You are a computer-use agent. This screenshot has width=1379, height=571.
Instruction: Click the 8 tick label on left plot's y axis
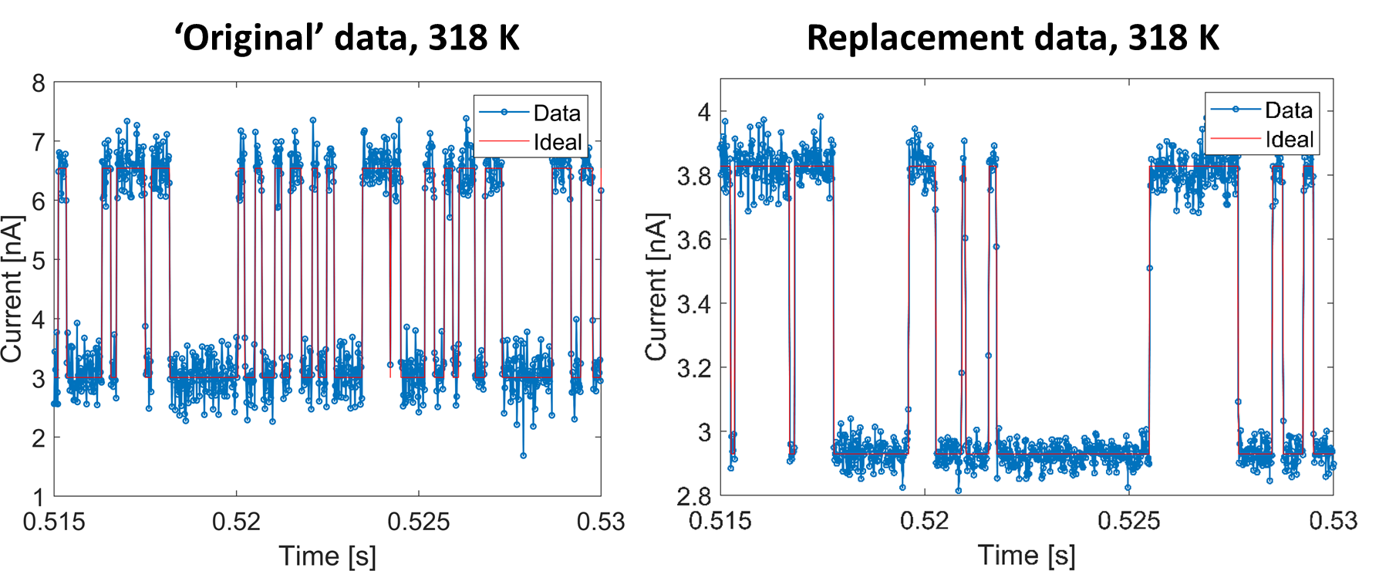point(38,83)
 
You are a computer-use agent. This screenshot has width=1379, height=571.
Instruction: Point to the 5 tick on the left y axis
point(38,261)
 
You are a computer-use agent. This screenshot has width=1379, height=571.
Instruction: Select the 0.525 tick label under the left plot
point(418,522)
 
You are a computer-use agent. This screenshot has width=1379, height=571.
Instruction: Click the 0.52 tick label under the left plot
point(236,522)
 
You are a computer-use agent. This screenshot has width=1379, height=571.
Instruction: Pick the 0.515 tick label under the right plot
point(720,521)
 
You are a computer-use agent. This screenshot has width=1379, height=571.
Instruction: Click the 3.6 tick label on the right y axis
point(694,240)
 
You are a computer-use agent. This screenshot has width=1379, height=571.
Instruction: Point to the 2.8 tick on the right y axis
point(694,495)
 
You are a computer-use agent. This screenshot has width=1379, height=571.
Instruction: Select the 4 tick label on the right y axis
point(703,112)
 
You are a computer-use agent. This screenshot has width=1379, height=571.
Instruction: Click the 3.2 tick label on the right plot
point(694,368)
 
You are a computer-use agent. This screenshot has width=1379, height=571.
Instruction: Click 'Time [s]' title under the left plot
point(327,556)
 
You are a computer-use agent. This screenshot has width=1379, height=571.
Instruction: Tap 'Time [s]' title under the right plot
point(1027,555)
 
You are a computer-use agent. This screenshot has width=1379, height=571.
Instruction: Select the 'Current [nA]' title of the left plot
point(12,289)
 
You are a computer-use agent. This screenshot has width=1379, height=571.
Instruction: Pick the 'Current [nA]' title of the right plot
point(656,287)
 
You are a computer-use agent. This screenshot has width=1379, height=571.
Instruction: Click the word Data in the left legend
point(557,113)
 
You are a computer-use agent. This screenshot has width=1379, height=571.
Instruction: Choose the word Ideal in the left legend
point(557,143)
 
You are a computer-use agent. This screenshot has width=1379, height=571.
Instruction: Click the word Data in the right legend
point(1288,110)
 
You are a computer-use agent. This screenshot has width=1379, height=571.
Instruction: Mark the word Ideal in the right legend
point(1289,140)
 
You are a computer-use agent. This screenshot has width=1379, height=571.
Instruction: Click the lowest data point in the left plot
point(523,455)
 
